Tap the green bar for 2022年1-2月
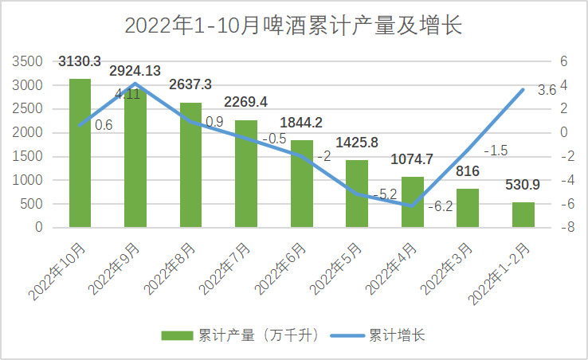coord(523,214)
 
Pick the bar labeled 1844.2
coord(301,183)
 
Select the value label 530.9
coord(523,185)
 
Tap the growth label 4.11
coord(127,94)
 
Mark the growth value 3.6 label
coord(547,90)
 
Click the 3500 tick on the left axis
coord(28,61)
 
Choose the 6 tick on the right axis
coord(563,61)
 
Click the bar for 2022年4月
coord(412,202)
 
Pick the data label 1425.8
coord(356,143)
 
